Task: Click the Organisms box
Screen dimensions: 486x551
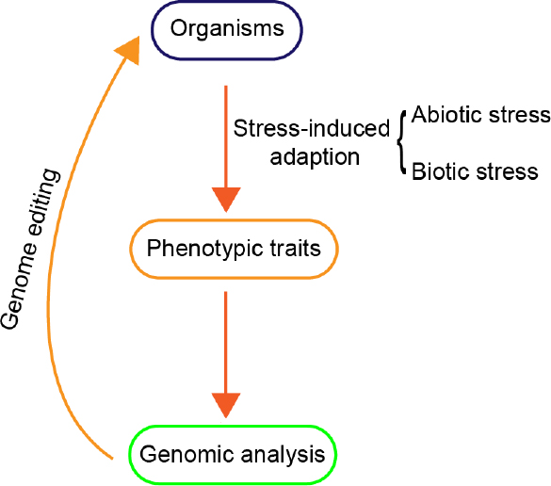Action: tap(226, 29)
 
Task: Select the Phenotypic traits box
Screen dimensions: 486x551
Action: tap(233, 250)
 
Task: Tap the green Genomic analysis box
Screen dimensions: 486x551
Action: tap(233, 454)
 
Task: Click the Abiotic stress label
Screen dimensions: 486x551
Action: tap(480, 115)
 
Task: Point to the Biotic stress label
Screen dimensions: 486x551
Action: tap(475, 171)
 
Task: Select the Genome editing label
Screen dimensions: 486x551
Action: tap(31, 249)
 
